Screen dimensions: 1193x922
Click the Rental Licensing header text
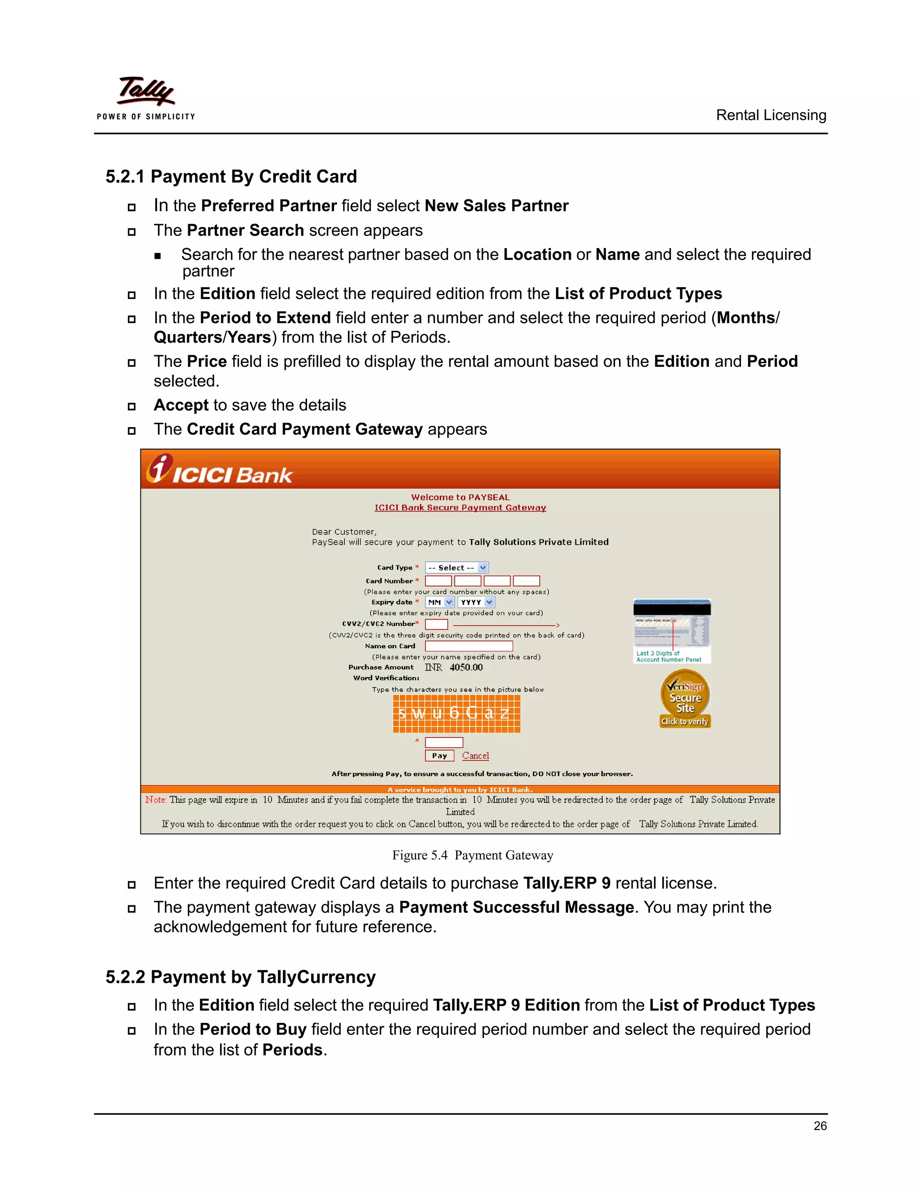coord(771,115)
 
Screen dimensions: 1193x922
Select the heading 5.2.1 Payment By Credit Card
coord(231,176)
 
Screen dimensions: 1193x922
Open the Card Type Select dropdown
coord(456,568)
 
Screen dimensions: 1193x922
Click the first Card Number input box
coord(438,581)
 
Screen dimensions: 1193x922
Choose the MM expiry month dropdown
coord(440,602)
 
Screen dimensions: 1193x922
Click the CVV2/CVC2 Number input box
coord(436,624)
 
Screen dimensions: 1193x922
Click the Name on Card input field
coord(469,646)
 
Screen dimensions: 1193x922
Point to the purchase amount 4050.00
coord(466,667)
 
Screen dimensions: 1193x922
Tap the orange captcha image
coord(456,713)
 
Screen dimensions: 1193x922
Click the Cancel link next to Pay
coord(475,755)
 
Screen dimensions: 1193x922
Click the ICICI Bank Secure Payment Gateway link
coord(460,507)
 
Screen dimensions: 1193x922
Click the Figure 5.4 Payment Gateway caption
coord(472,855)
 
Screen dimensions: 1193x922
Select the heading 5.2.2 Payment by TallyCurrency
coord(240,977)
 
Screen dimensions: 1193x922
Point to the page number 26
coord(820,1126)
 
